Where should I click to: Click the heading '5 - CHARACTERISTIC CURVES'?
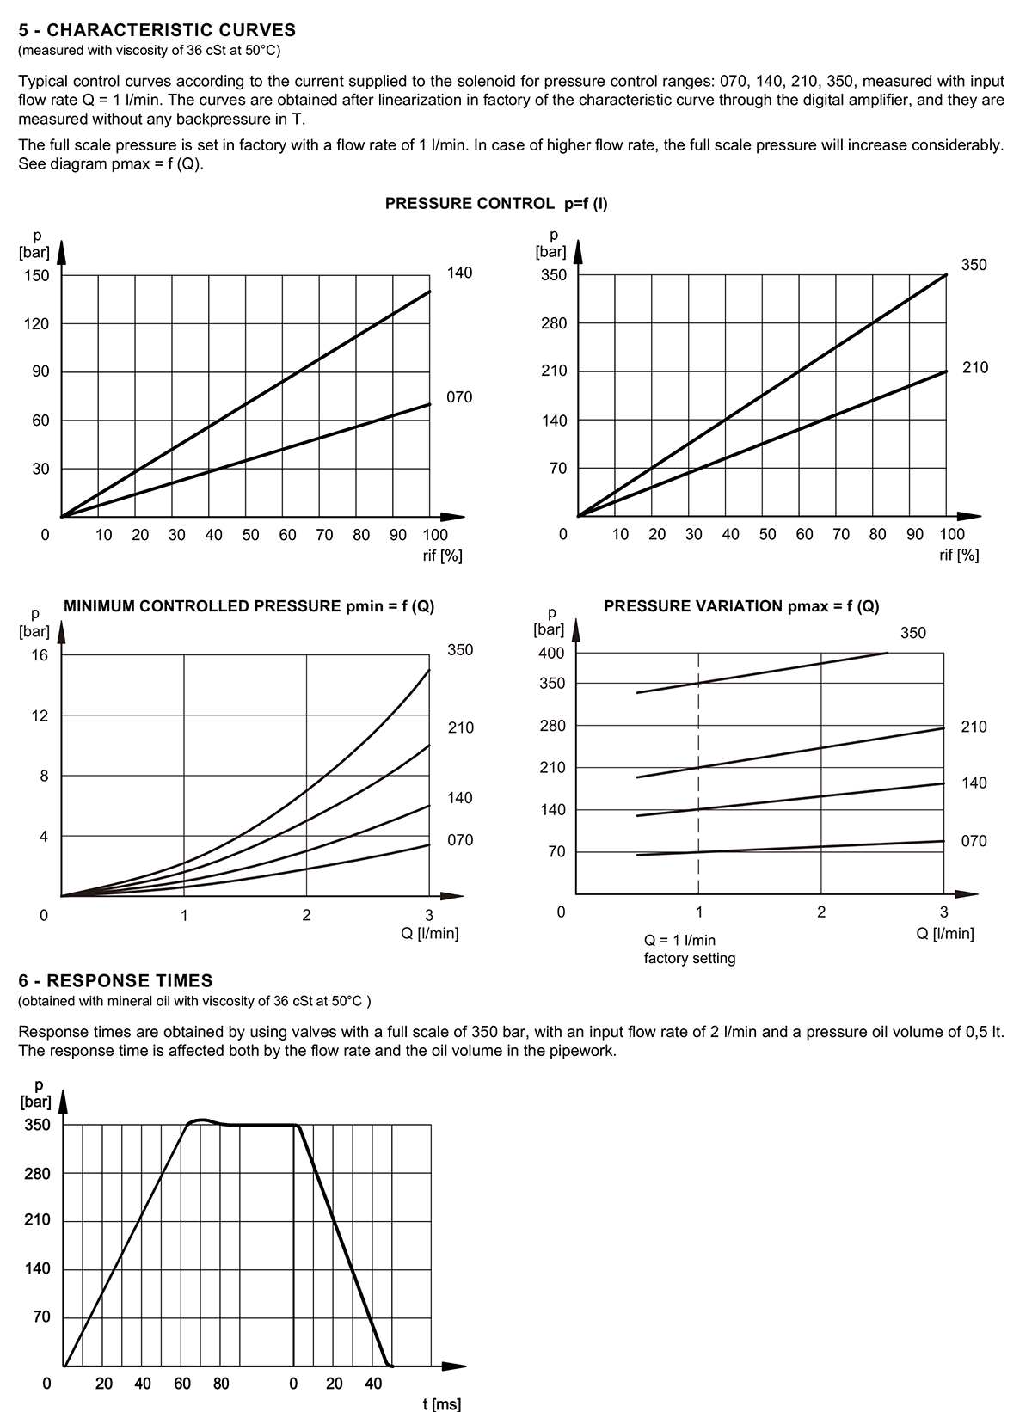point(157,30)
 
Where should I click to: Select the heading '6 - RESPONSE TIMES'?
point(115,981)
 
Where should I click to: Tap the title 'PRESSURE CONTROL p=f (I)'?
point(496,204)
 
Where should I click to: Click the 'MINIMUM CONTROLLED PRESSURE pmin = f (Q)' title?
point(249,606)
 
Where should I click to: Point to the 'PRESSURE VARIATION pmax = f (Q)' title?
point(741,606)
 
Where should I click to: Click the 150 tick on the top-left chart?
point(36,275)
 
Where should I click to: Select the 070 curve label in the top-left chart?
point(459,397)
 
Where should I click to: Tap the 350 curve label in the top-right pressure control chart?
point(974,265)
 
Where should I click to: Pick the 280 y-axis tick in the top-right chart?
point(554,323)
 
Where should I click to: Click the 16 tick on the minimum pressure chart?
point(40,655)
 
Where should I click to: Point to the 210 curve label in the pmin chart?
point(461,727)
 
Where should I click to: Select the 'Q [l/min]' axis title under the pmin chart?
point(430,933)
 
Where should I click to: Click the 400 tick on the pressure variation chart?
point(551,653)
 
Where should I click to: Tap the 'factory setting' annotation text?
point(690,958)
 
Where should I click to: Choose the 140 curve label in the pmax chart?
point(974,783)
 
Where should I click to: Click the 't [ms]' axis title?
point(442,1404)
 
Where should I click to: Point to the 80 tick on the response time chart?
point(221,1384)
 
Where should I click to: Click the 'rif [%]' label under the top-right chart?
point(959,555)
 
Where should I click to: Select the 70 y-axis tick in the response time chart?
point(41,1317)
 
